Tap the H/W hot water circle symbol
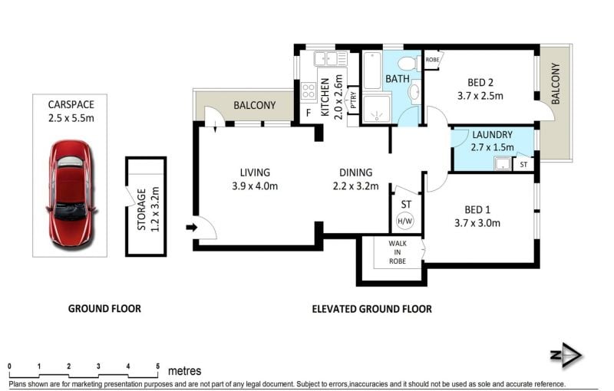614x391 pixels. click(x=405, y=221)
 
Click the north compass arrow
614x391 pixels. click(x=567, y=355)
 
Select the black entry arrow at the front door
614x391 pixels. click(x=191, y=227)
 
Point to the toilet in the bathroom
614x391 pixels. click(x=408, y=63)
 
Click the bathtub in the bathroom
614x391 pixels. click(x=372, y=71)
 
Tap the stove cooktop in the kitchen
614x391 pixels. click(x=309, y=92)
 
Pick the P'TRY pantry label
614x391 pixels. click(x=353, y=100)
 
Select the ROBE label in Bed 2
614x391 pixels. click(x=432, y=60)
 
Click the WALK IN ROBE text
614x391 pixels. click(x=398, y=252)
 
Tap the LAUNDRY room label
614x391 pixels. click(x=492, y=135)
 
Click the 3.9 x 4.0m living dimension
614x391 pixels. click(x=255, y=186)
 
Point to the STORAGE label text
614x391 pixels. click(x=142, y=209)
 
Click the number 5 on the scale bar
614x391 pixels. click(x=158, y=366)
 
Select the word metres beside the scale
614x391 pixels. click(x=185, y=370)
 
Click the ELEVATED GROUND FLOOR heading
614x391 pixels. click(x=372, y=309)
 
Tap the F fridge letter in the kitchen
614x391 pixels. click(x=309, y=113)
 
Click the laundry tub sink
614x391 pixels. click(x=503, y=163)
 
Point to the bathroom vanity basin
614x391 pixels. click(x=414, y=92)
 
